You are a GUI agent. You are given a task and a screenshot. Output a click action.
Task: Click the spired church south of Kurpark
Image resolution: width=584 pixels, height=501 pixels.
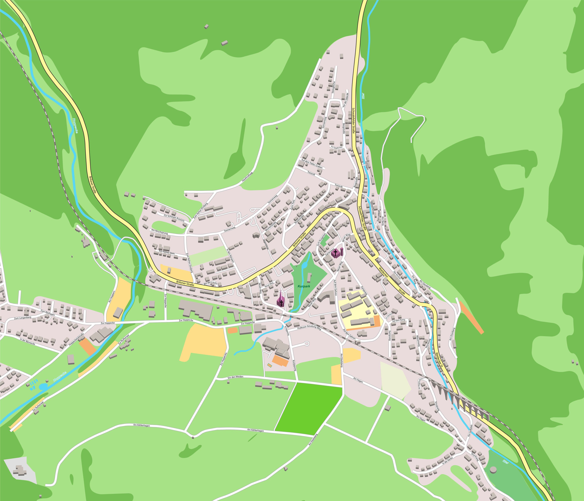click(281, 302)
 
